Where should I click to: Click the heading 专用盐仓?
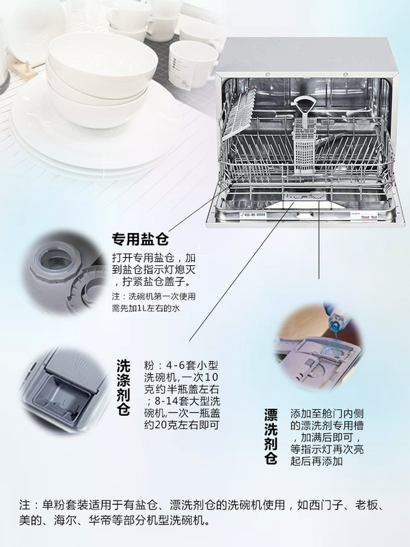(141, 240)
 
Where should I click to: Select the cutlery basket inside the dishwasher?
(303, 144)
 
